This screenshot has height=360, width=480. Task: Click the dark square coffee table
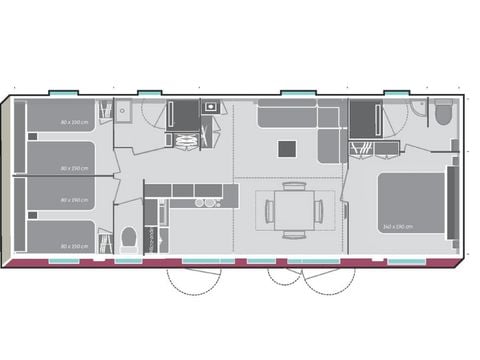pos(287,149)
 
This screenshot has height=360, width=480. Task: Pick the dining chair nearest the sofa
pos(293,186)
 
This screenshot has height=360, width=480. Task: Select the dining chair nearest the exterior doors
pos(293,235)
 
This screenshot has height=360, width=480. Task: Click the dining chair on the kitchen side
pos(268,211)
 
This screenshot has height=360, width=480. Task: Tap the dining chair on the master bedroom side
pos(319,211)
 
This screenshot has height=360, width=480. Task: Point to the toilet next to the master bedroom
pos(443,114)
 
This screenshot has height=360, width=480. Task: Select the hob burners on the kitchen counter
pos(206,202)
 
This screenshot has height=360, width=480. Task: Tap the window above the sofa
pos(298,93)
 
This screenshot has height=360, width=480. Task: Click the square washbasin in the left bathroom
pos(121,111)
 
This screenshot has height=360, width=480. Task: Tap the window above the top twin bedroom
pos(62,93)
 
